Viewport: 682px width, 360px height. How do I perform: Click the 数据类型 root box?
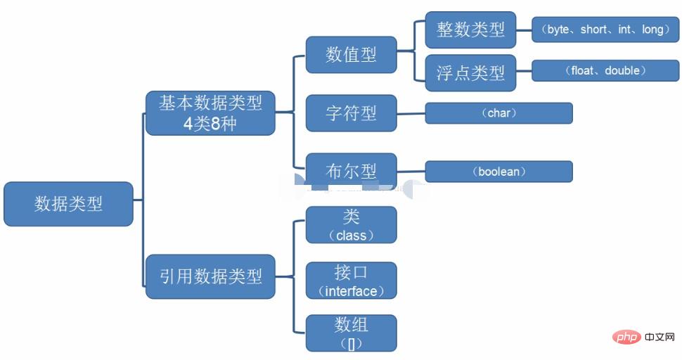[68, 204]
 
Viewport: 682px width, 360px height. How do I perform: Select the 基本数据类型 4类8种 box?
[210, 112]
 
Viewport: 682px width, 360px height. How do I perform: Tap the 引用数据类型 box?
[210, 276]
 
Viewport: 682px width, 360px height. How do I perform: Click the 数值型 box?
[351, 55]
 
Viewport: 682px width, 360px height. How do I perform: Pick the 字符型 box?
[351, 112]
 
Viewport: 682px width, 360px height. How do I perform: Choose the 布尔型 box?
[351, 171]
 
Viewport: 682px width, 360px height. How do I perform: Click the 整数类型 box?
[470, 30]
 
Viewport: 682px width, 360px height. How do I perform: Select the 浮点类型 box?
[470, 72]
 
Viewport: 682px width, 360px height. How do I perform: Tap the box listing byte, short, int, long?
[605, 30]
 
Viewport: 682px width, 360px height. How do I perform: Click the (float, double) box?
[605, 70]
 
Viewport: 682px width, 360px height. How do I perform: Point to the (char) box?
[498, 113]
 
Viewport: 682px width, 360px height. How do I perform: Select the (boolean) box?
[498, 172]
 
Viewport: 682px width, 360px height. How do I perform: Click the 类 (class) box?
[351, 225]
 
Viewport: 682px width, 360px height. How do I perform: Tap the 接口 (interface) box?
[351, 281]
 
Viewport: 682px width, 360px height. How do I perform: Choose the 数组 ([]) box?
[351, 333]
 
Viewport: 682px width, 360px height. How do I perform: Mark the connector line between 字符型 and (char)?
[411, 113]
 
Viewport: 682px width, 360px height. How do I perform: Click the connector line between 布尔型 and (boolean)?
[411, 171]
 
